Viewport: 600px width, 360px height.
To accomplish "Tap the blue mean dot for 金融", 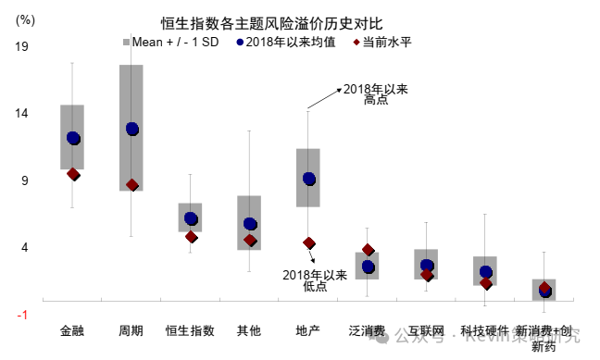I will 73,139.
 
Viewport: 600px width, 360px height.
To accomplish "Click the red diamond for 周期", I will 132,185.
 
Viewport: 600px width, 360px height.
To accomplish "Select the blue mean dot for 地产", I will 308,179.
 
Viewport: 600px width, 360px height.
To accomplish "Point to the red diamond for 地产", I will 308,243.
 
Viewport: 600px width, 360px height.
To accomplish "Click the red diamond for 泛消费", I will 368,250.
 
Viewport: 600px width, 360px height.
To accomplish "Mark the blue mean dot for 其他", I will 250,224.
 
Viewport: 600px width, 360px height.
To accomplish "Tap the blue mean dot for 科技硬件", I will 486,272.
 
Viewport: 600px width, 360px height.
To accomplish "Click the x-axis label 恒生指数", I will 190,330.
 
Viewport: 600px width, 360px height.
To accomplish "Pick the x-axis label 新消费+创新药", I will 544,338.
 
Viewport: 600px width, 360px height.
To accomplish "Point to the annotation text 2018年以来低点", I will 315,280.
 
